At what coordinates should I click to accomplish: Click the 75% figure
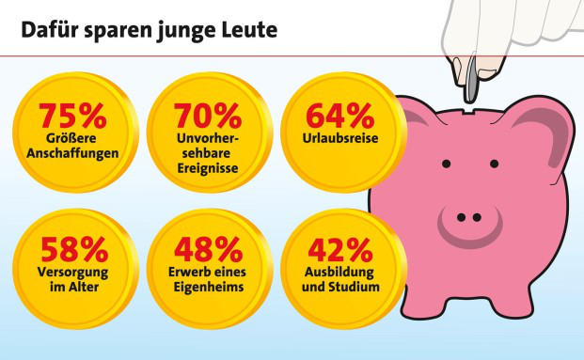(x=72, y=117)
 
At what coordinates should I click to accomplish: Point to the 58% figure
(x=72, y=251)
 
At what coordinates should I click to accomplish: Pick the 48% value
(x=208, y=251)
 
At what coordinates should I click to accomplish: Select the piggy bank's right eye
(x=495, y=164)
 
